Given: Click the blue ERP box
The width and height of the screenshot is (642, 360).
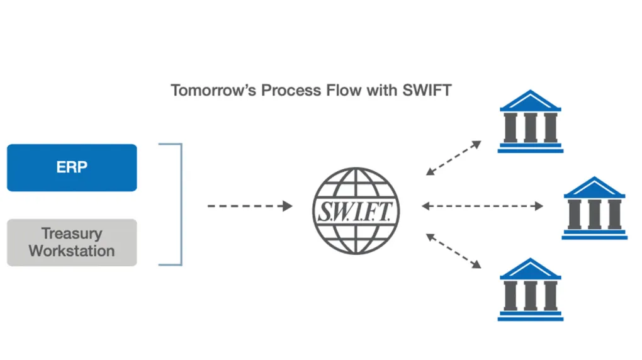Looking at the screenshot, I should [x=72, y=167].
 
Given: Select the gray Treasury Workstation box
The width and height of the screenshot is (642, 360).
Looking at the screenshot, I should [x=72, y=242].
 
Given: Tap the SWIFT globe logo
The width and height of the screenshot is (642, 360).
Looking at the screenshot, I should [x=356, y=209].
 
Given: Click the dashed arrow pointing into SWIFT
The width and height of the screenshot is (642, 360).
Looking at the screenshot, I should [x=250, y=206].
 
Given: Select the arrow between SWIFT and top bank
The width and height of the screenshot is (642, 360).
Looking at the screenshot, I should [x=454, y=157].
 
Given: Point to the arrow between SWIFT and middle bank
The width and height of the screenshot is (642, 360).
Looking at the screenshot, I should [x=483, y=206].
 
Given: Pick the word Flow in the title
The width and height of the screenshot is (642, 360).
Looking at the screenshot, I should [x=343, y=90].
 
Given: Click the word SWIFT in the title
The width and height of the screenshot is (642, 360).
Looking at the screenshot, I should [x=427, y=90].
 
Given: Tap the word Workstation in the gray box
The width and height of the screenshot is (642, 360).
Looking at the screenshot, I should [x=72, y=251].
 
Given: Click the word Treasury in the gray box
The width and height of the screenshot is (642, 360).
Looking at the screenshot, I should [x=72, y=233].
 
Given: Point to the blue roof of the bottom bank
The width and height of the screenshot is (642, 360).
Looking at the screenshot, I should [x=530, y=269].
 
